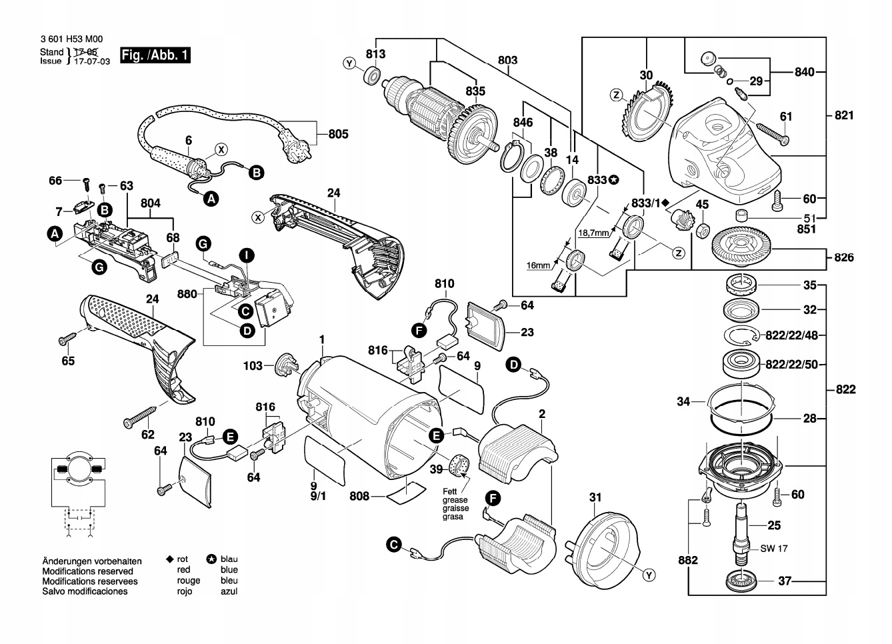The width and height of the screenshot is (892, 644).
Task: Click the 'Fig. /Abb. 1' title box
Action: pyautogui.click(x=155, y=55)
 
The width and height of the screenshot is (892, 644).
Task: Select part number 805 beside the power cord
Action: pyautogui.click(x=338, y=134)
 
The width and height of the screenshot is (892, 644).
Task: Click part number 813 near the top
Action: pyautogui.click(x=375, y=53)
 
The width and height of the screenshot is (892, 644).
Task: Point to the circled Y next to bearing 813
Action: pyautogui.click(x=349, y=64)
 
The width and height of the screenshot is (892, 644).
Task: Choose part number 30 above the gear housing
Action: pyautogui.click(x=646, y=75)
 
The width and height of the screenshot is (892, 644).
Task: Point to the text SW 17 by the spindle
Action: pyautogui.click(x=774, y=549)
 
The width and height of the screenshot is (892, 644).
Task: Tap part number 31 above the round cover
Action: pyautogui.click(x=595, y=497)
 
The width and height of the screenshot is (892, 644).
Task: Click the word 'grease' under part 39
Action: pyautogui.click(x=455, y=500)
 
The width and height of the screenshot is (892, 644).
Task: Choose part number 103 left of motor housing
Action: pyautogui.click(x=253, y=366)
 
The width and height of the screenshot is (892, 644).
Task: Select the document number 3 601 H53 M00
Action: pyautogui.click(x=71, y=41)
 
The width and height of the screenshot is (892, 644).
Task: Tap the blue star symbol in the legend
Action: pyautogui.click(x=211, y=559)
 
